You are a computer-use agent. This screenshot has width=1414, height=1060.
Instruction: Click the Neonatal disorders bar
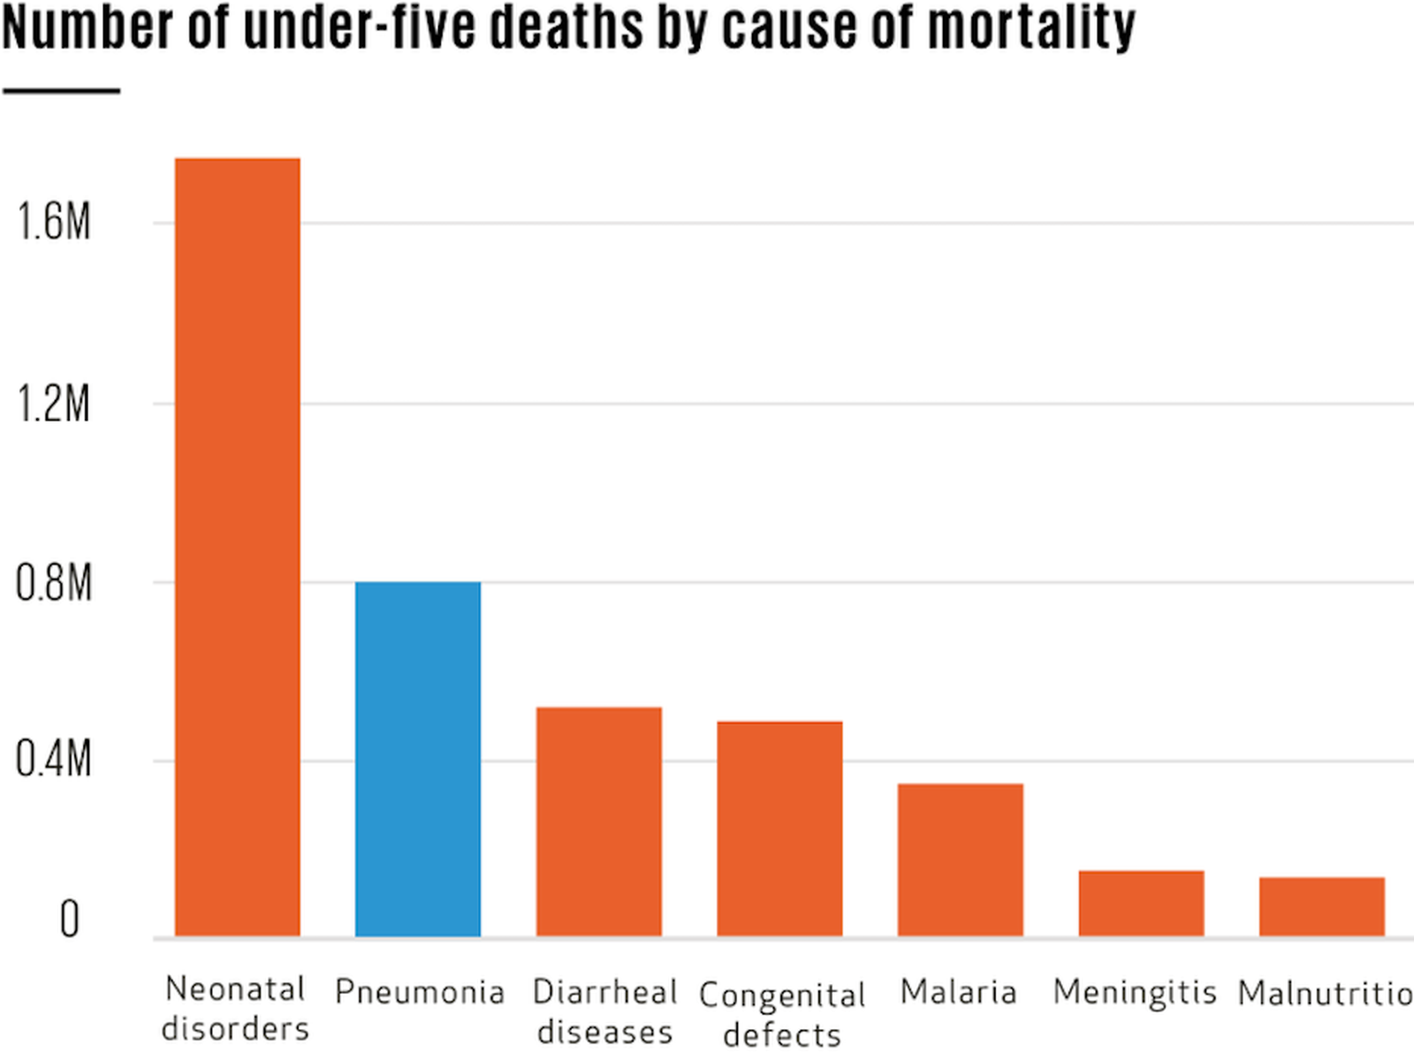tap(237, 548)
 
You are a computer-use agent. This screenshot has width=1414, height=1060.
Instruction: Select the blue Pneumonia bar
tap(418, 760)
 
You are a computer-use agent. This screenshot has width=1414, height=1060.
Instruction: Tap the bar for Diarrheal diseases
tap(598, 821)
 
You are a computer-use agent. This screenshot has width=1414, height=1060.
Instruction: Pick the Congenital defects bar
tap(779, 829)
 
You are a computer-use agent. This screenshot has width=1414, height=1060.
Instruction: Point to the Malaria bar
tap(961, 859)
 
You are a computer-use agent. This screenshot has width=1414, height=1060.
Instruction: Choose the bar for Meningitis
tap(1141, 903)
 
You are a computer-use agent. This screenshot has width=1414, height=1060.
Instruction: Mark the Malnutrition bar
tap(1321, 906)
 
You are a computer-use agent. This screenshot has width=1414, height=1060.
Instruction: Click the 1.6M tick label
tap(54, 221)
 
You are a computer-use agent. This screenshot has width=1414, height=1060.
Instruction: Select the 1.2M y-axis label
tap(54, 405)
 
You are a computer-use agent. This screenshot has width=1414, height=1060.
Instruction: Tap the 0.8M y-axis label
tap(54, 584)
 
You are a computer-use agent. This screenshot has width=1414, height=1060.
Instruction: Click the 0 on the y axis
tap(69, 920)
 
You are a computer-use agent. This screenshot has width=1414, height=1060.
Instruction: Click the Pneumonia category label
tap(420, 992)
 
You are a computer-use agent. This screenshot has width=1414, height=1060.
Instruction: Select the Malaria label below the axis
tap(959, 992)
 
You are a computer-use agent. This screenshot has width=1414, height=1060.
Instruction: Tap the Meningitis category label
tap(1135, 992)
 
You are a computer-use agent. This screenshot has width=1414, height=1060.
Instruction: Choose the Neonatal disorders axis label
tap(235, 1009)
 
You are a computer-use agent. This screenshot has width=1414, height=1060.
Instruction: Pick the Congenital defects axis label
tap(782, 1014)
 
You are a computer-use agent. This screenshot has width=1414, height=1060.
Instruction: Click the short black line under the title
tap(61, 90)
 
